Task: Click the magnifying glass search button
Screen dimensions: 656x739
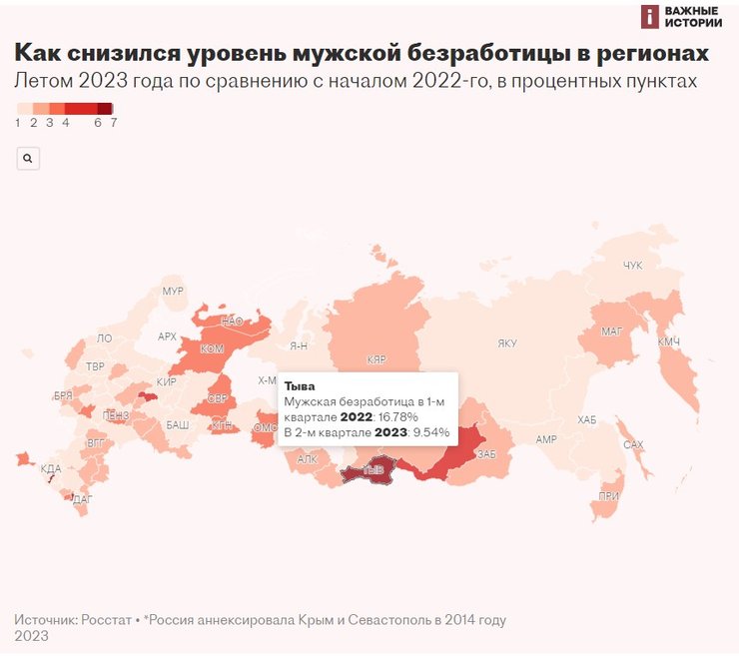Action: (28, 158)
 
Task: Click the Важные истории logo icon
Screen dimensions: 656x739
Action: (650, 16)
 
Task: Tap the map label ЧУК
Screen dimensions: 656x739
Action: (633, 265)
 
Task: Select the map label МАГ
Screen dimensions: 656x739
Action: (611, 330)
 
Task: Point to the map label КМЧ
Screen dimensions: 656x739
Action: (668, 342)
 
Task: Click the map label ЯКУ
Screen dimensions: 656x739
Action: (507, 343)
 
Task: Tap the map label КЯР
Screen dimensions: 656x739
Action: (376, 358)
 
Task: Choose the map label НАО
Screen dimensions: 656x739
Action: (232, 322)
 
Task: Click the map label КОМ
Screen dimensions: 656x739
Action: (212, 348)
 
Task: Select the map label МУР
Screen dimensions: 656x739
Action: (173, 292)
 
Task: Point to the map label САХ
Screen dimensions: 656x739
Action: (633, 444)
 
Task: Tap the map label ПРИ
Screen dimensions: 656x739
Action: (608, 496)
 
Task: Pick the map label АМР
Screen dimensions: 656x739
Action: (545, 439)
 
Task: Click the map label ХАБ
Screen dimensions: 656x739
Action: (586, 419)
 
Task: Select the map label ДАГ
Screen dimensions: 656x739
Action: (83, 498)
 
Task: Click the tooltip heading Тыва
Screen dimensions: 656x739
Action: (301, 384)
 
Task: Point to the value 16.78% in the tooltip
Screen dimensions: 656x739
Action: (396, 416)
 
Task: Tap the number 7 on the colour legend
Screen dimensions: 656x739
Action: (114, 123)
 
